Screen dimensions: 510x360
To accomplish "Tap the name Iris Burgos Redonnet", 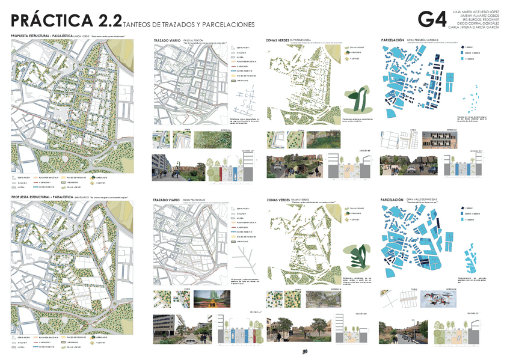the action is [x=476, y=19].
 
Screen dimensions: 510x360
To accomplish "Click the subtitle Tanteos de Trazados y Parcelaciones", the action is [x=188, y=25].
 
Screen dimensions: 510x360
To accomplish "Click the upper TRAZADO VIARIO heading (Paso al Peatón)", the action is [x=167, y=40].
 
